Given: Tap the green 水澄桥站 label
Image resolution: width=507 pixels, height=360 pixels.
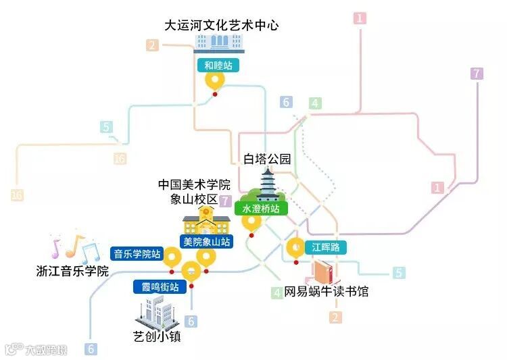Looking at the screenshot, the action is (261, 209).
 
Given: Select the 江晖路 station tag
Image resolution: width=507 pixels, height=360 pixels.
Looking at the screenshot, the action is (325, 247).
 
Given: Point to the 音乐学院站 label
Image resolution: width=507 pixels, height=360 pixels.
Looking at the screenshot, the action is (137, 254).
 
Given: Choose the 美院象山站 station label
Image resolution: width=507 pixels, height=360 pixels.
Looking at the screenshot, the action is (206, 240).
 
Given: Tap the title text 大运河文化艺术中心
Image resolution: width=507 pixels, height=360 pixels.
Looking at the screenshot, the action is (222, 26).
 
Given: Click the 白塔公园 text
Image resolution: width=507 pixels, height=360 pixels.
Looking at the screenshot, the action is (267, 159).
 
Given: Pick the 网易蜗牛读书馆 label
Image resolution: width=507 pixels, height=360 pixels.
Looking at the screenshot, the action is (327, 292).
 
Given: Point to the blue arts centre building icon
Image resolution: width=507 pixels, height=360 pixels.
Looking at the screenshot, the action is (217, 43).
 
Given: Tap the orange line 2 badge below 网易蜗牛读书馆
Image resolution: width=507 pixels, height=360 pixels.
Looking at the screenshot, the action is (335, 317).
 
